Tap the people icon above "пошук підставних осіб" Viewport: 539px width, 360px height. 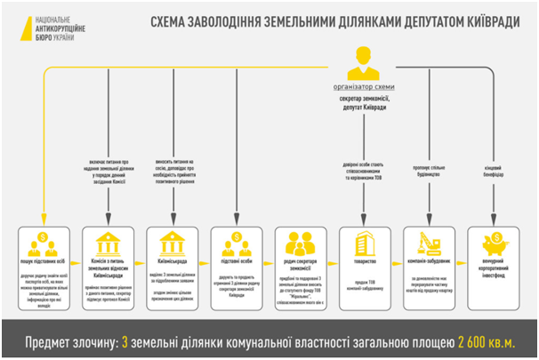tap(44, 243)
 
